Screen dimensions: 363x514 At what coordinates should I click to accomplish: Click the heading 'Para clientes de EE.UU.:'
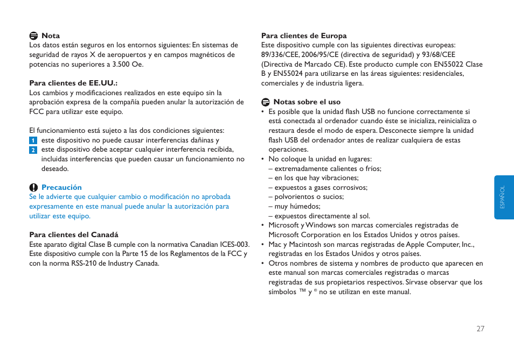tap(73, 83)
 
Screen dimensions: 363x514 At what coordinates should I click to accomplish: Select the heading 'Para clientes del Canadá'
tap(74, 235)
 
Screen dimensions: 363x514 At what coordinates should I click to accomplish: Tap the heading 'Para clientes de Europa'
tap(304, 36)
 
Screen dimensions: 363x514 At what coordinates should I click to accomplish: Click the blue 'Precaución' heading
tap(61, 188)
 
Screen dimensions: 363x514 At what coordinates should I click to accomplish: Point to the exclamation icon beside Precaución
tap(33, 188)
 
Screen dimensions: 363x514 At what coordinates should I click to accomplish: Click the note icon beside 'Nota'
tap(33, 36)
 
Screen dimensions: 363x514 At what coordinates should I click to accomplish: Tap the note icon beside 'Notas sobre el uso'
tap(265, 102)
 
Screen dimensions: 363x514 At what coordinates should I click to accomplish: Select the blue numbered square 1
tap(33, 140)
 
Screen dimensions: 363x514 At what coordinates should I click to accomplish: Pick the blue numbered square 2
tap(33, 150)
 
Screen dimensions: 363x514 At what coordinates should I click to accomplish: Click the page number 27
tap(480, 329)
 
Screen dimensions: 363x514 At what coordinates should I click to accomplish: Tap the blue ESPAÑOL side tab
tap(503, 197)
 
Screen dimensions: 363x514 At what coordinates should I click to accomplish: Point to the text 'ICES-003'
tap(234, 245)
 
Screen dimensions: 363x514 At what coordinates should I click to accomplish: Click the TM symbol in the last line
tap(302, 291)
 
